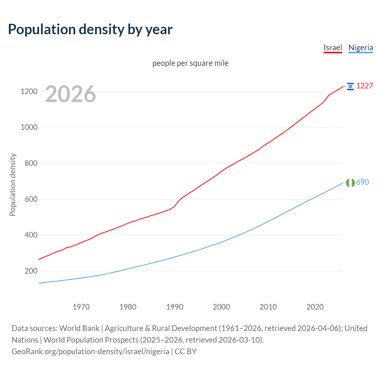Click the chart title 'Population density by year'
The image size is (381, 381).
tap(90, 29)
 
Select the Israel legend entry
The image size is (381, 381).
tap(333, 48)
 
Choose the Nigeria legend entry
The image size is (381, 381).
tap(360, 48)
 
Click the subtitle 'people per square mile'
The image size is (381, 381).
tap(190, 63)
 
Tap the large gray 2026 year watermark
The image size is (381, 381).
tap(71, 94)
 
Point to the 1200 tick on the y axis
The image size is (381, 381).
tap(29, 91)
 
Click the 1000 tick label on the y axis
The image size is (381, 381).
tap(29, 127)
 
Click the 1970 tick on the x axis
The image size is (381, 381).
tap(81, 307)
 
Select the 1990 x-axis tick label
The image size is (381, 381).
tap(175, 307)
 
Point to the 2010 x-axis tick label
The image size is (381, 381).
tap(268, 307)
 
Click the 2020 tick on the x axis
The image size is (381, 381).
tap(315, 307)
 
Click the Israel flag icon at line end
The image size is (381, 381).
tap(350, 86)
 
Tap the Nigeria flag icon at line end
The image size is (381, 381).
tap(350, 182)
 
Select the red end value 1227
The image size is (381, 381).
tap(365, 86)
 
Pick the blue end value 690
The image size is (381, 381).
tap(363, 182)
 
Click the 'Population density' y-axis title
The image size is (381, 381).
tap(13, 185)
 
